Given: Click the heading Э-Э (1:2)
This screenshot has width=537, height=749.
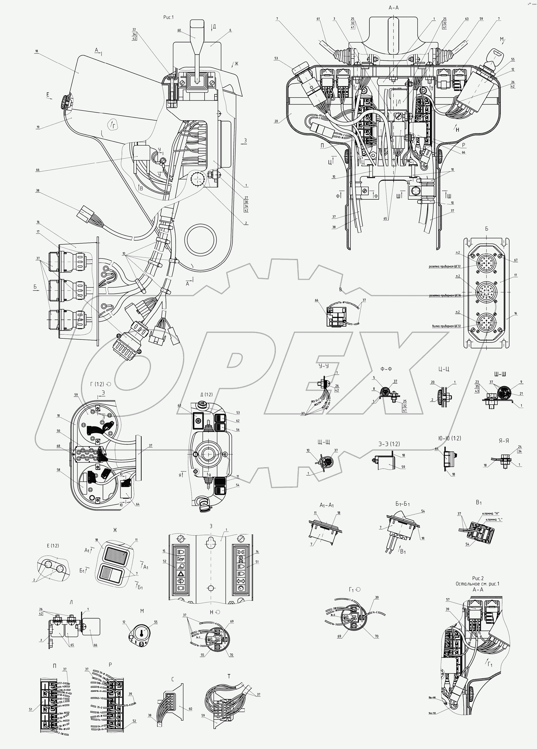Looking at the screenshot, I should [x=389, y=444].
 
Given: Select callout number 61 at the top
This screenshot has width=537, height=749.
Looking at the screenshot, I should [x=318, y=19].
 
